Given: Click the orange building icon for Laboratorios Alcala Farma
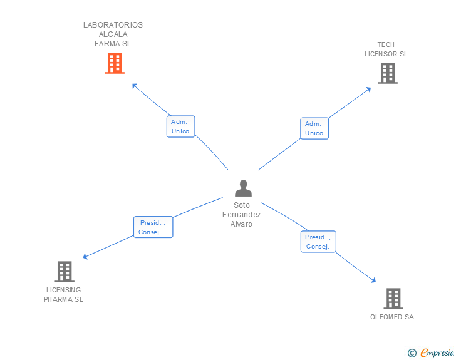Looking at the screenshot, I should pos(114,63).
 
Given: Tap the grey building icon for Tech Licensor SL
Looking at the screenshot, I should pos(388,73).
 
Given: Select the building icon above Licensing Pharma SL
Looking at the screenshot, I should pos(65,272).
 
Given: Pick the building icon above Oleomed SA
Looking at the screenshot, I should pos(393,299).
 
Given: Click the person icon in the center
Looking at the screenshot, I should pos(242,188).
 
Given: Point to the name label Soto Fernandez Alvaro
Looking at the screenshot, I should pos(242,215).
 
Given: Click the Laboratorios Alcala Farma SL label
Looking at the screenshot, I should pos(113,34).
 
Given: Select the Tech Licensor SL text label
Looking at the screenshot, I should pos(386,49).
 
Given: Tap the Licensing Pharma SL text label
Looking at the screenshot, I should pos(63,295).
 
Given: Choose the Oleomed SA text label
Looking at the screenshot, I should pos(392,317).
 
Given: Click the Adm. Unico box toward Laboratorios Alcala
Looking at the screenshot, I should pos(180,126).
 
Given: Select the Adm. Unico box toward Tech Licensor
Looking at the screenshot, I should pos(314,128).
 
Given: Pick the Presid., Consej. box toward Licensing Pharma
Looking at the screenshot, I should pos(153,227).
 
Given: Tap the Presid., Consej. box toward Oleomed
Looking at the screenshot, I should pos(318,242).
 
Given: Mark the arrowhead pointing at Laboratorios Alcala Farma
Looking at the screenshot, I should pos(134,85).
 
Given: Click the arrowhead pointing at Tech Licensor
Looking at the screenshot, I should pos(368,89).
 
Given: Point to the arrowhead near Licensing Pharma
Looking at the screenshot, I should pos(86,256).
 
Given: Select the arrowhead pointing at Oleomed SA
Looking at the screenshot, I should pos(374,281).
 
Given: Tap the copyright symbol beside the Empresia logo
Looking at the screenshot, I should pos(412,353).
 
